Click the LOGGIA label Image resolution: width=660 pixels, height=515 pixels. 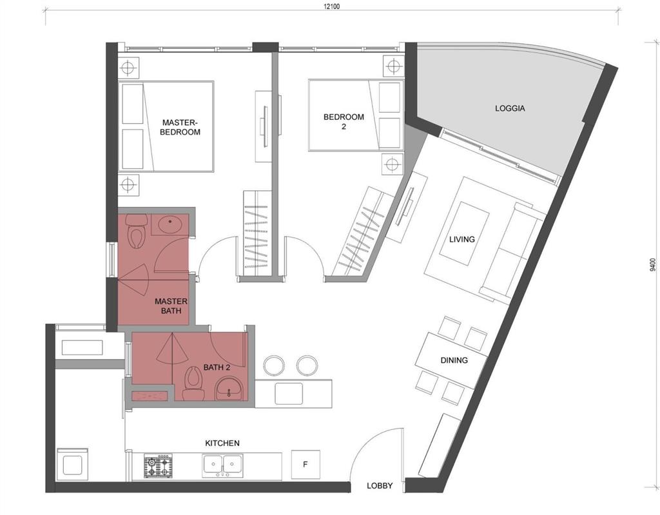coord(510,108)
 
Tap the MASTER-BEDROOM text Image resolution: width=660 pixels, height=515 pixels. coord(181,127)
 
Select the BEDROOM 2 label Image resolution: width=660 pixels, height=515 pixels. coord(344,121)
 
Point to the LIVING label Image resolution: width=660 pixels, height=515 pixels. coord(461,239)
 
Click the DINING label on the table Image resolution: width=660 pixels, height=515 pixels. coord(454,360)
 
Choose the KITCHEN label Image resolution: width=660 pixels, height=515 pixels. coord(222,443)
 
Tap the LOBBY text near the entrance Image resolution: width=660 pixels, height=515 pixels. coord(380,485)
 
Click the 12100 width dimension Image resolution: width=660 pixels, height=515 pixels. coord(331,6)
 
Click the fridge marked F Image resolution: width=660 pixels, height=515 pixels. coord(306,465)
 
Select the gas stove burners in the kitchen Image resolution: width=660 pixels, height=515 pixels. coord(158,466)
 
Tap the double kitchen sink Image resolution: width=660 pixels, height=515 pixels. coord(223,465)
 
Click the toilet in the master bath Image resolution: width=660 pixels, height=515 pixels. coord(137,231)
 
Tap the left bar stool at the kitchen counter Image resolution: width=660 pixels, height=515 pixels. coord(274,365)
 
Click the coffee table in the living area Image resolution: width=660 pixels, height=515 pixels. coord(464,233)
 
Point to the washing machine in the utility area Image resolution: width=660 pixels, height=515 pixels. coord(73,464)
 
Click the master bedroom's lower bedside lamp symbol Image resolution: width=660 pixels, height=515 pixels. coord(128,184)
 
